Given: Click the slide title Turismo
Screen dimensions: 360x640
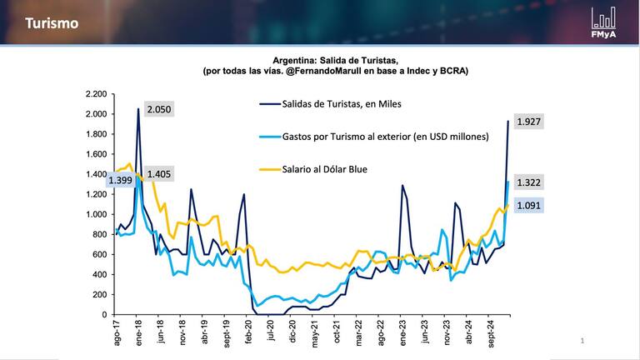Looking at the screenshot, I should [52, 23].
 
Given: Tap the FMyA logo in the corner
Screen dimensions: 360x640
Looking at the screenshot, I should [603, 23].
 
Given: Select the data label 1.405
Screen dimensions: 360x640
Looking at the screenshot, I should [158, 174].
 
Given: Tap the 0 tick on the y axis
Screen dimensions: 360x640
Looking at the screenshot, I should [104, 315].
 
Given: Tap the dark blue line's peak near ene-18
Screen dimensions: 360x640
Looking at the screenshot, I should [137, 109].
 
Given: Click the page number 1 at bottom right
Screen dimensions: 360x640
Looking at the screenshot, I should [582, 340].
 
